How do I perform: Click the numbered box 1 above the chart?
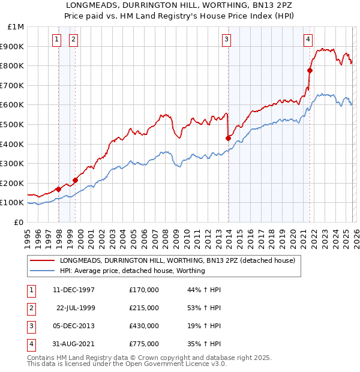click(x=56, y=40)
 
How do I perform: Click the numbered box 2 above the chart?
click(x=73, y=40)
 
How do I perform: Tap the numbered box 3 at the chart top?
click(x=227, y=40)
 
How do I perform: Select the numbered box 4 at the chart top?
click(x=308, y=40)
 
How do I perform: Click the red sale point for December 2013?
click(x=228, y=138)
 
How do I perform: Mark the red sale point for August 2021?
click(x=310, y=70)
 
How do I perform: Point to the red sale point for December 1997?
click(x=58, y=189)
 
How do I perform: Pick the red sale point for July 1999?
click(x=76, y=180)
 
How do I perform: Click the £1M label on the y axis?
click(x=16, y=27)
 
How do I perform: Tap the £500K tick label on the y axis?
click(x=13, y=125)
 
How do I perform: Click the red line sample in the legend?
click(x=42, y=261)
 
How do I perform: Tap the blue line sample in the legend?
click(x=42, y=271)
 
